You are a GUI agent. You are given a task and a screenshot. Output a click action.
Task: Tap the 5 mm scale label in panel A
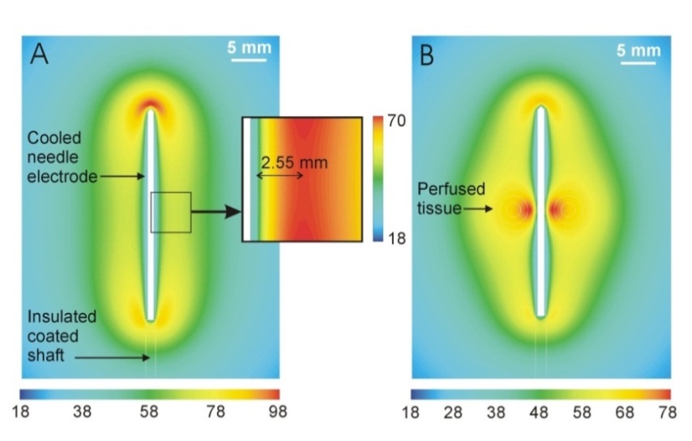(249, 48)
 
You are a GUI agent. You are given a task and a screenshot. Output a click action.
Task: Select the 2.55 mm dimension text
(294, 163)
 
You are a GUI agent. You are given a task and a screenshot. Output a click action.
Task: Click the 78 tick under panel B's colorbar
(660, 412)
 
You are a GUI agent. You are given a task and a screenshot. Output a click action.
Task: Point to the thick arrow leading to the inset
(216, 212)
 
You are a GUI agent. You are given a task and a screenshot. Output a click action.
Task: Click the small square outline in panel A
(170, 212)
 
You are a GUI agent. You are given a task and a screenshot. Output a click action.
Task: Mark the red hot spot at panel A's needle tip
(151, 105)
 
